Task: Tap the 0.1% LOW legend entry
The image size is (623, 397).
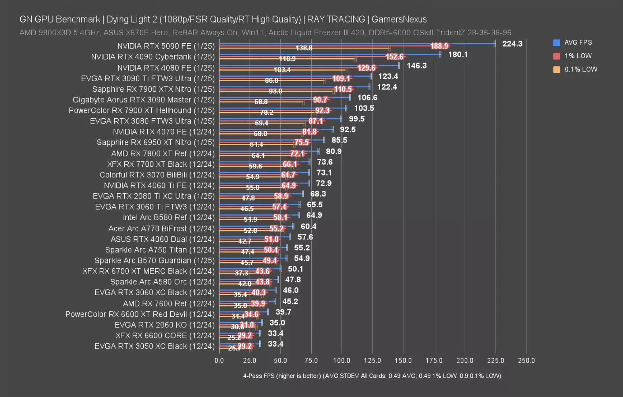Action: click(580, 69)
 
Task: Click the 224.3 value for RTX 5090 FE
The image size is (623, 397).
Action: click(512, 44)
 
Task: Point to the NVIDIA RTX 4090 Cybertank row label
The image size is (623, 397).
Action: click(153, 57)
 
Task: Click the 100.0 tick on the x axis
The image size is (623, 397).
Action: click(342, 360)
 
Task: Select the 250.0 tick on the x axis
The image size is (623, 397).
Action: click(526, 360)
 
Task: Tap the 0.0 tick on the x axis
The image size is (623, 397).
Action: click(219, 360)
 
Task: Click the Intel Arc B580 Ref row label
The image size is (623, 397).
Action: click(168, 217)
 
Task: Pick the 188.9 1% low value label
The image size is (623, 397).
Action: click(439, 46)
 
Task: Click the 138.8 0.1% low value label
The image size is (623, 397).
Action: click(304, 48)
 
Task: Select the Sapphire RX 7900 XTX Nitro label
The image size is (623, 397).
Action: click(153, 89)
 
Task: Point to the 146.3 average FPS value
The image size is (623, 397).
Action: click(417, 65)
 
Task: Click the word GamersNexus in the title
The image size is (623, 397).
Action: click(399, 19)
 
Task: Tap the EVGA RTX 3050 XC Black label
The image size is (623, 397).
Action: click(154, 346)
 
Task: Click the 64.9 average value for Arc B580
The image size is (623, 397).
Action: click(314, 215)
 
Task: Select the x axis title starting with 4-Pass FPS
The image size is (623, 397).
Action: click(372, 376)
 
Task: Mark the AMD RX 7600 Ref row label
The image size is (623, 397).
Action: click(168, 303)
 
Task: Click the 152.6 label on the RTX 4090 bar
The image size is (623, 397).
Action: click(394, 56)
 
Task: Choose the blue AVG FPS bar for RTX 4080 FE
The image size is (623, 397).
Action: click(309, 65)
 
